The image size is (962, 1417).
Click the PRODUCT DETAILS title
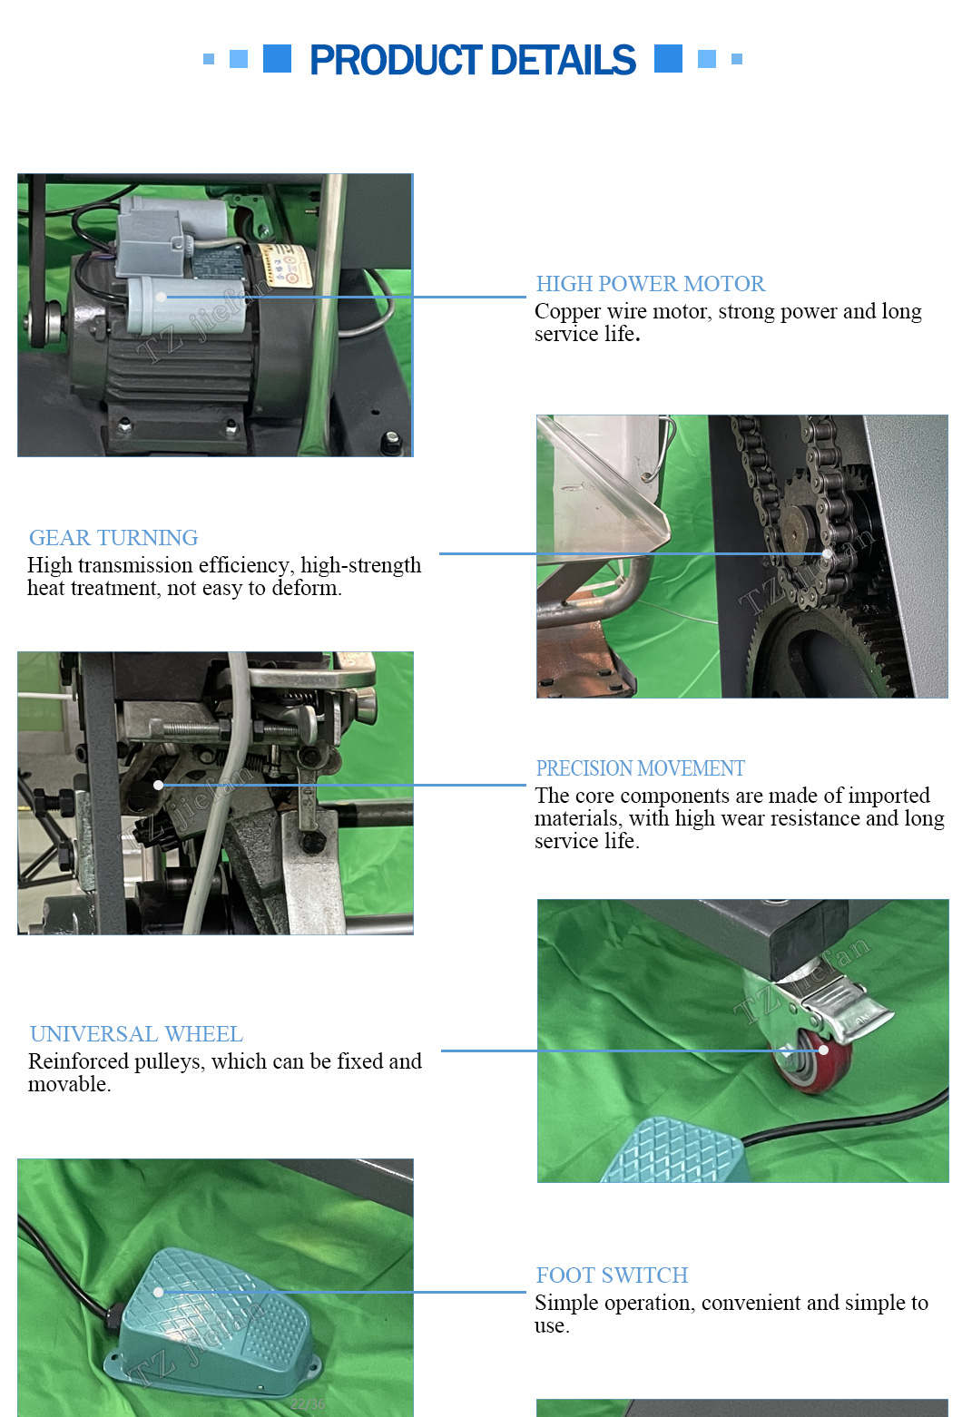[x=472, y=60]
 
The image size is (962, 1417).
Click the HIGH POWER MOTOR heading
[x=650, y=284]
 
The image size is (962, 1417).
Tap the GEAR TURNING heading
[x=113, y=538]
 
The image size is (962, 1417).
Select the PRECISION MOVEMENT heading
[x=640, y=768]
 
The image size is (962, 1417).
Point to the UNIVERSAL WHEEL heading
[x=136, y=1033]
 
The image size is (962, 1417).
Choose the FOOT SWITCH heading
[x=612, y=1275]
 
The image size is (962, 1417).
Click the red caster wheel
[x=815, y=1059]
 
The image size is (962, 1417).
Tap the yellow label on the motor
[x=286, y=267]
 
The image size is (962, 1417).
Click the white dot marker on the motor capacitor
[x=162, y=297]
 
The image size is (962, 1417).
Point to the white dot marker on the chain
[x=827, y=553]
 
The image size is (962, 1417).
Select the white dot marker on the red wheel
[x=823, y=1051]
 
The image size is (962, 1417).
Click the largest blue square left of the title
[x=277, y=59]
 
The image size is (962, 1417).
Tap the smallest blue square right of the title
[x=737, y=59]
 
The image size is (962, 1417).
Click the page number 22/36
[x=308, y=1403]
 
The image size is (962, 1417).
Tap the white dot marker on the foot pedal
[x=158, y=1292]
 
